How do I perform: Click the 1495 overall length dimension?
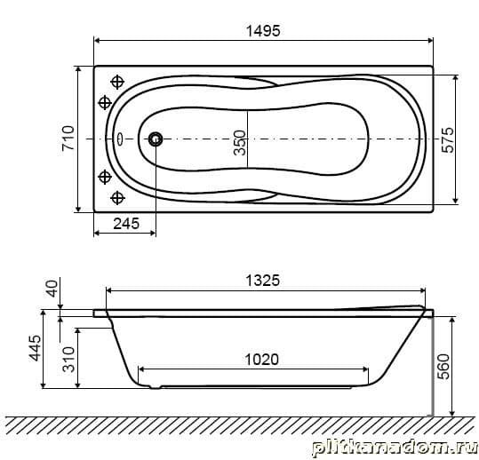tap(263, 31)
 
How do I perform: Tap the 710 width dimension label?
tap(68, 138)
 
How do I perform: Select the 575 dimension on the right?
tap(448, 140)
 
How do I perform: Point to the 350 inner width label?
tap(240, 143)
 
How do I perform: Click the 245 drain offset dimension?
tap(126, 224)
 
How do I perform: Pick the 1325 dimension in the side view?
tap(263, 281)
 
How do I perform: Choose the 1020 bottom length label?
tap(262, 360)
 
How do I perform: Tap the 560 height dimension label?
tap(443, 367)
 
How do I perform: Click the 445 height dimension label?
tap(35, 348)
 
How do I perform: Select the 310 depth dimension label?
tap(68, 360)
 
